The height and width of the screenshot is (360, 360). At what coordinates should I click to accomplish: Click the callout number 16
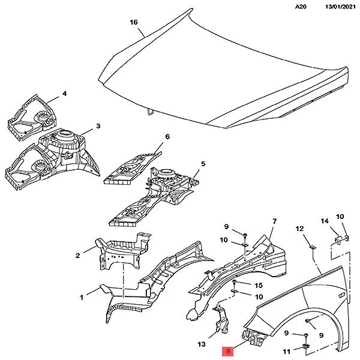pyautogui.click(x=134, y=22)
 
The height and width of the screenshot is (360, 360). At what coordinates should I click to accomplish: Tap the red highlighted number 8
pyautogui.click(x=229, y=352)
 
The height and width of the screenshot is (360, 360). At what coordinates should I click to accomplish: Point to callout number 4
pyautogui.click(x=64, y=94)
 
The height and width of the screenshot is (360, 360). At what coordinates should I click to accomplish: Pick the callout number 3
pyautogui.click(x=98, y=127)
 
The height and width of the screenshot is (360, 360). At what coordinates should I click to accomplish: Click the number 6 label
pyautogui.click(x=167, y=137)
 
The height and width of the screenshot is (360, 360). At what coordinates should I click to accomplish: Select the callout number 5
pyautogui.click(x=203, y=164)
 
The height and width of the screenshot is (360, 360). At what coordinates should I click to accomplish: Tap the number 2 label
pyautogui.click(x=78, y=256)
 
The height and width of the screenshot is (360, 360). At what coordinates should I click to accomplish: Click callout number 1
pyautogui.click(x=82, y=296)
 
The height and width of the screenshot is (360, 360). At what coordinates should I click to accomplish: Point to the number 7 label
pyautogui.click(x=274, y=221)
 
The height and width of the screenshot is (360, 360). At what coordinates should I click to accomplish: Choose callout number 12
pyautogui.click(x=300, y=229)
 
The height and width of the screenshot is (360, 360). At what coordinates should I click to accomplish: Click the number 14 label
pyautogui.click(x=325, y=222)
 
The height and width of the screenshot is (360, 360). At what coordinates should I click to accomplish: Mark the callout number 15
pyautogui.click(x=259, y=285)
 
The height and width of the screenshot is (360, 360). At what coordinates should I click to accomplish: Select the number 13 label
pyautogui.click(x=202, y=344)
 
